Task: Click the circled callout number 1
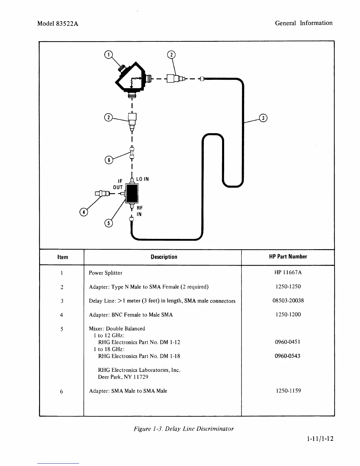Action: [108, 55]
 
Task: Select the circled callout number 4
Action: [84, 212]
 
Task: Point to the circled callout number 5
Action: [109, 223]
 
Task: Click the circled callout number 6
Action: [109, 160]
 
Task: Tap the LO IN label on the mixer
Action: [142, 179]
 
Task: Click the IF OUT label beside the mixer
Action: [118, 184]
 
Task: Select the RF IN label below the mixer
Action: [139, 211]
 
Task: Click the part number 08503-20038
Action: [288, 300]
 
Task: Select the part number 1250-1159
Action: [288, 391]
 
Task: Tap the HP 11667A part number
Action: [288, 272]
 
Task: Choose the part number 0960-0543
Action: [287, 356]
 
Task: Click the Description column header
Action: [164, 257]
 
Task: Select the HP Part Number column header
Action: [288, 257]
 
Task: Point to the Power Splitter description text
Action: [106, 273]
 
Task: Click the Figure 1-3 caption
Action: [184, 429]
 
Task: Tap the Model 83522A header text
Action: [58, 24]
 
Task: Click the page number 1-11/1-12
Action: [320, 439]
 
